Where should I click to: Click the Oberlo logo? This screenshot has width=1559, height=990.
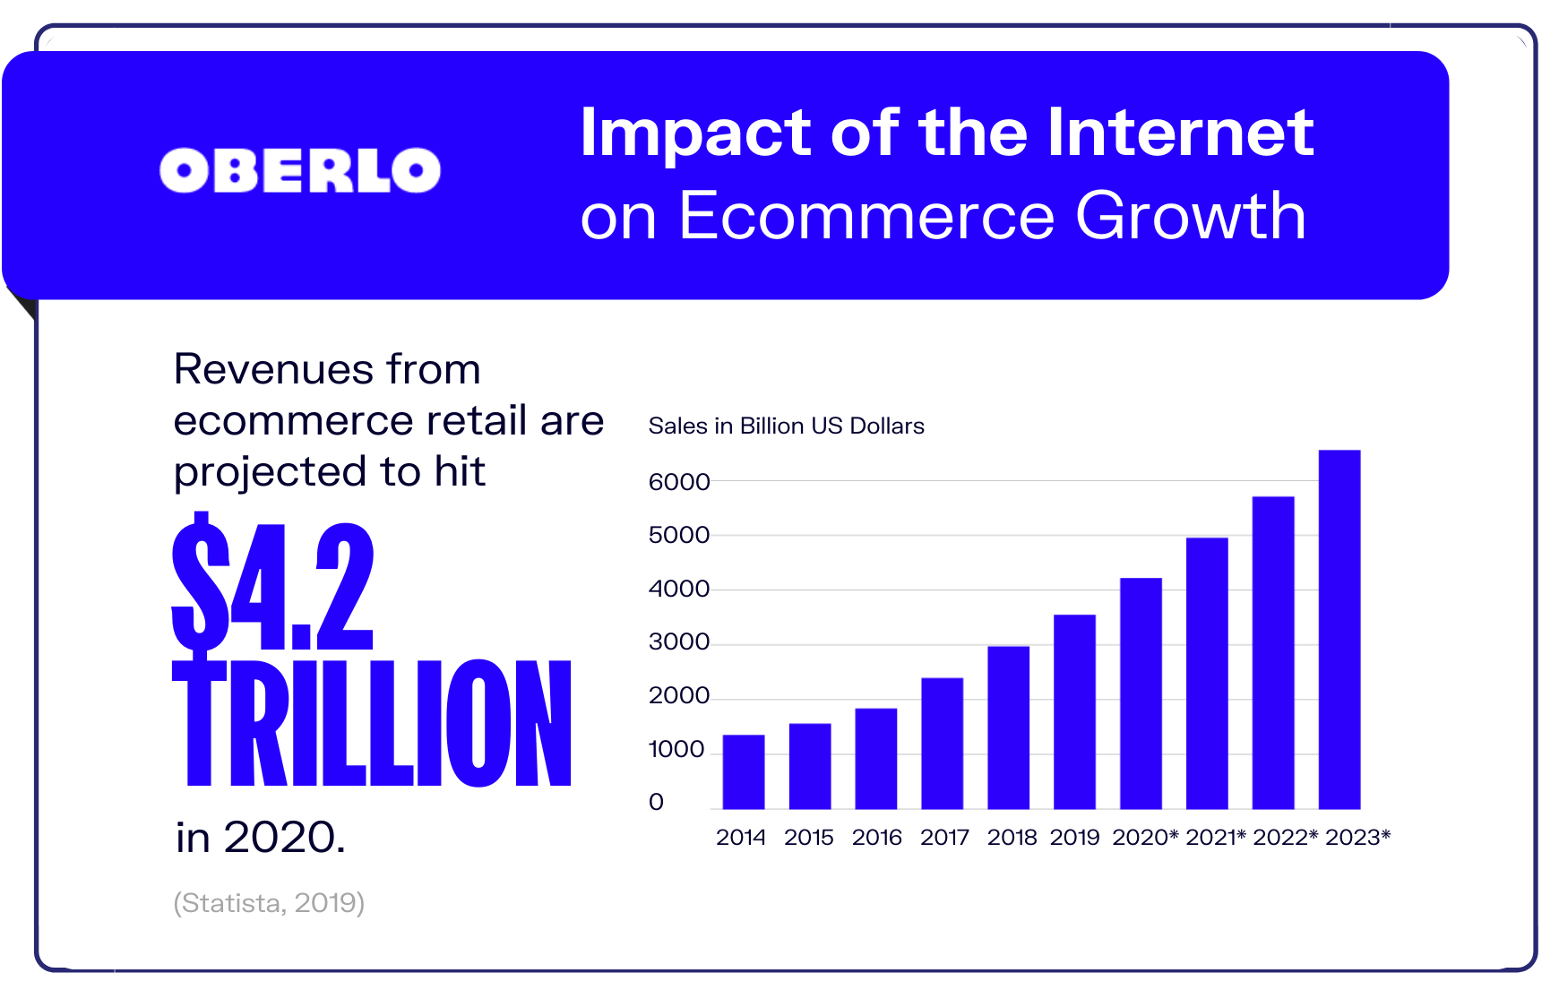299,170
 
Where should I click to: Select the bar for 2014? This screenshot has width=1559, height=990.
744,771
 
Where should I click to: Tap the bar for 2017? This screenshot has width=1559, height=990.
942,744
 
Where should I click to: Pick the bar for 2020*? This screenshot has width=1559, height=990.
1141,693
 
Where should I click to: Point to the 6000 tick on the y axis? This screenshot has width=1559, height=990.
678,482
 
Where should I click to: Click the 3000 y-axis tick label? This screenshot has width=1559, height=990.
678,641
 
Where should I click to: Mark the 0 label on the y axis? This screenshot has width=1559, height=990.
656,802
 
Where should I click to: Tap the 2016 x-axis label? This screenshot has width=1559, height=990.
876,838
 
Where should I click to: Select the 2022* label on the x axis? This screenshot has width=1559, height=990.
1285,838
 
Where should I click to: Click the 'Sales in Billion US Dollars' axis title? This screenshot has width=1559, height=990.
786,426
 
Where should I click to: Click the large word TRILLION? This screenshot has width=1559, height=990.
372,724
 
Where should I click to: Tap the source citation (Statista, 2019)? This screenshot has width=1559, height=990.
269,902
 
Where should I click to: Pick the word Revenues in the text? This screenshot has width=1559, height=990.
274,369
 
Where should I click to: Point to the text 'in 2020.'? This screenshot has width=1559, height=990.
260,838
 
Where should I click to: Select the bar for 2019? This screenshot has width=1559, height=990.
1074,711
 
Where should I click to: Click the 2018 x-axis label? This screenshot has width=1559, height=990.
1012,838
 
